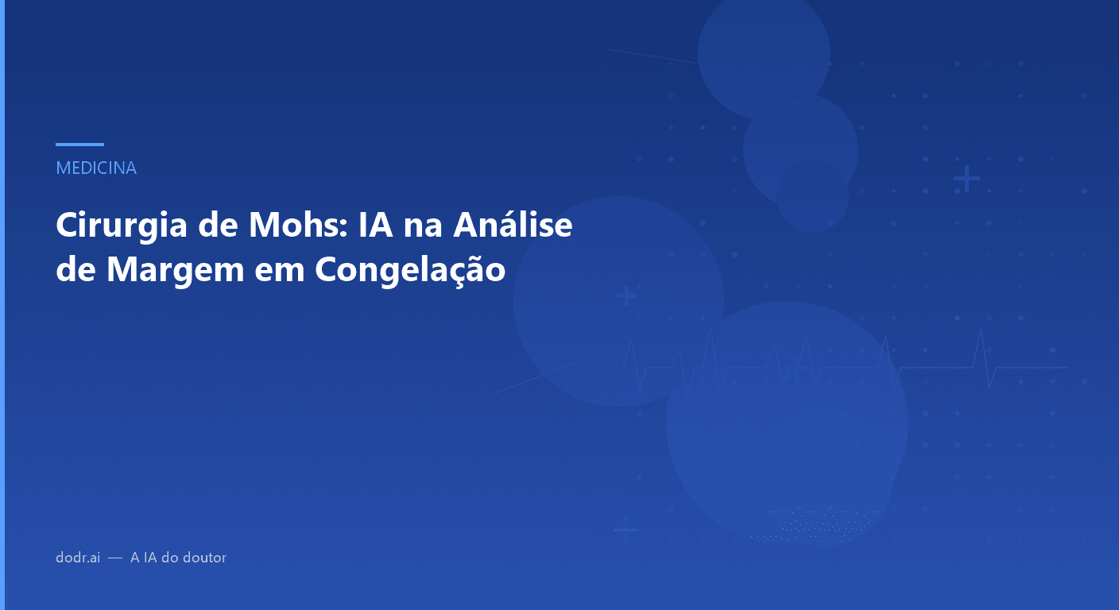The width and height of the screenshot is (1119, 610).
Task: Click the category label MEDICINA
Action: click(x=96, y=168)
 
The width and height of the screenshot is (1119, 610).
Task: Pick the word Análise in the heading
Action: click(x=513, y=226)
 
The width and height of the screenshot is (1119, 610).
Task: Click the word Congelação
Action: click(x=410, y=269)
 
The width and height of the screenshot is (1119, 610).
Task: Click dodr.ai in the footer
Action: click(x=78, y=558)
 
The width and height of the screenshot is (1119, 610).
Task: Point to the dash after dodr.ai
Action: click(x=115, y=558)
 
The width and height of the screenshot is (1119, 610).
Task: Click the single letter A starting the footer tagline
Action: click(x=135, y=558)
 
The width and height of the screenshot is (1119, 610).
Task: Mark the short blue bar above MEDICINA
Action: click(x=79, y=145)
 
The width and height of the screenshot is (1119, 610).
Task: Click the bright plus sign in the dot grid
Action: click(x=966, y=180)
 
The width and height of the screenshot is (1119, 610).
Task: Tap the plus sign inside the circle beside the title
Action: click(x=626, y=296)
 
